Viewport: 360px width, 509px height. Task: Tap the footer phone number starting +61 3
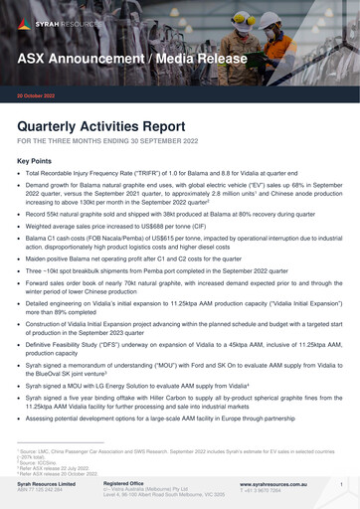[x=262, y=491]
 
